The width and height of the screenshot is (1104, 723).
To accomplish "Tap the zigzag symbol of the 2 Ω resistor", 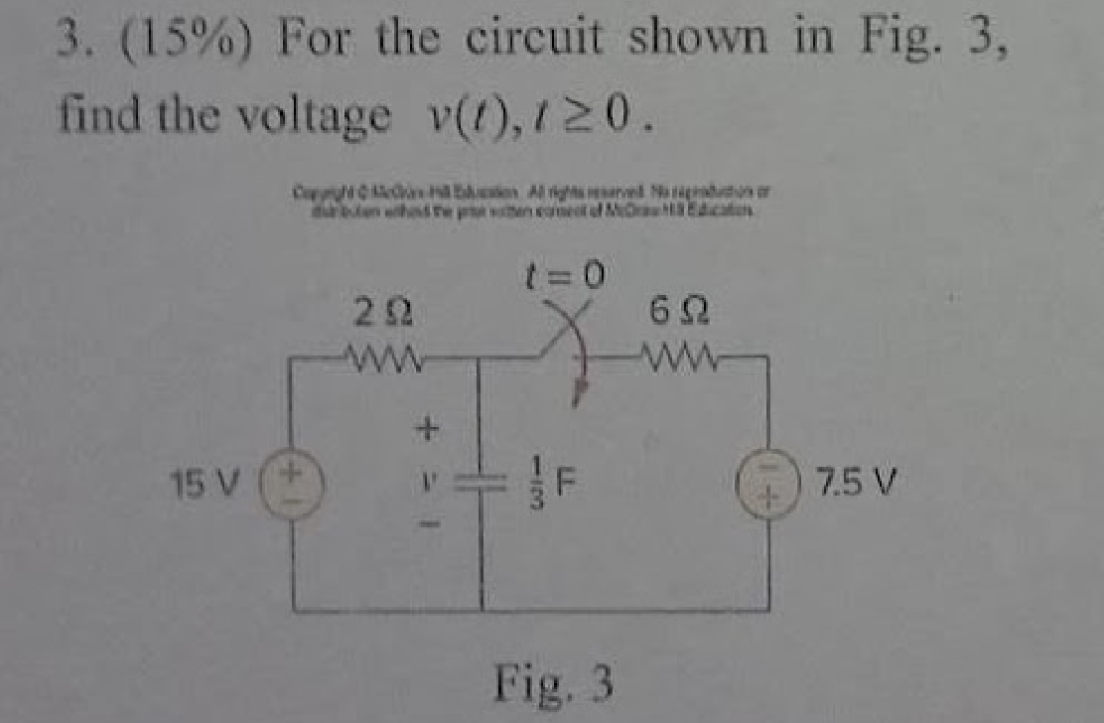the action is click(x=381, y=353).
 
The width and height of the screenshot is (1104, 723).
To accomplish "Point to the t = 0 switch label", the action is click(x=567, y=271).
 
